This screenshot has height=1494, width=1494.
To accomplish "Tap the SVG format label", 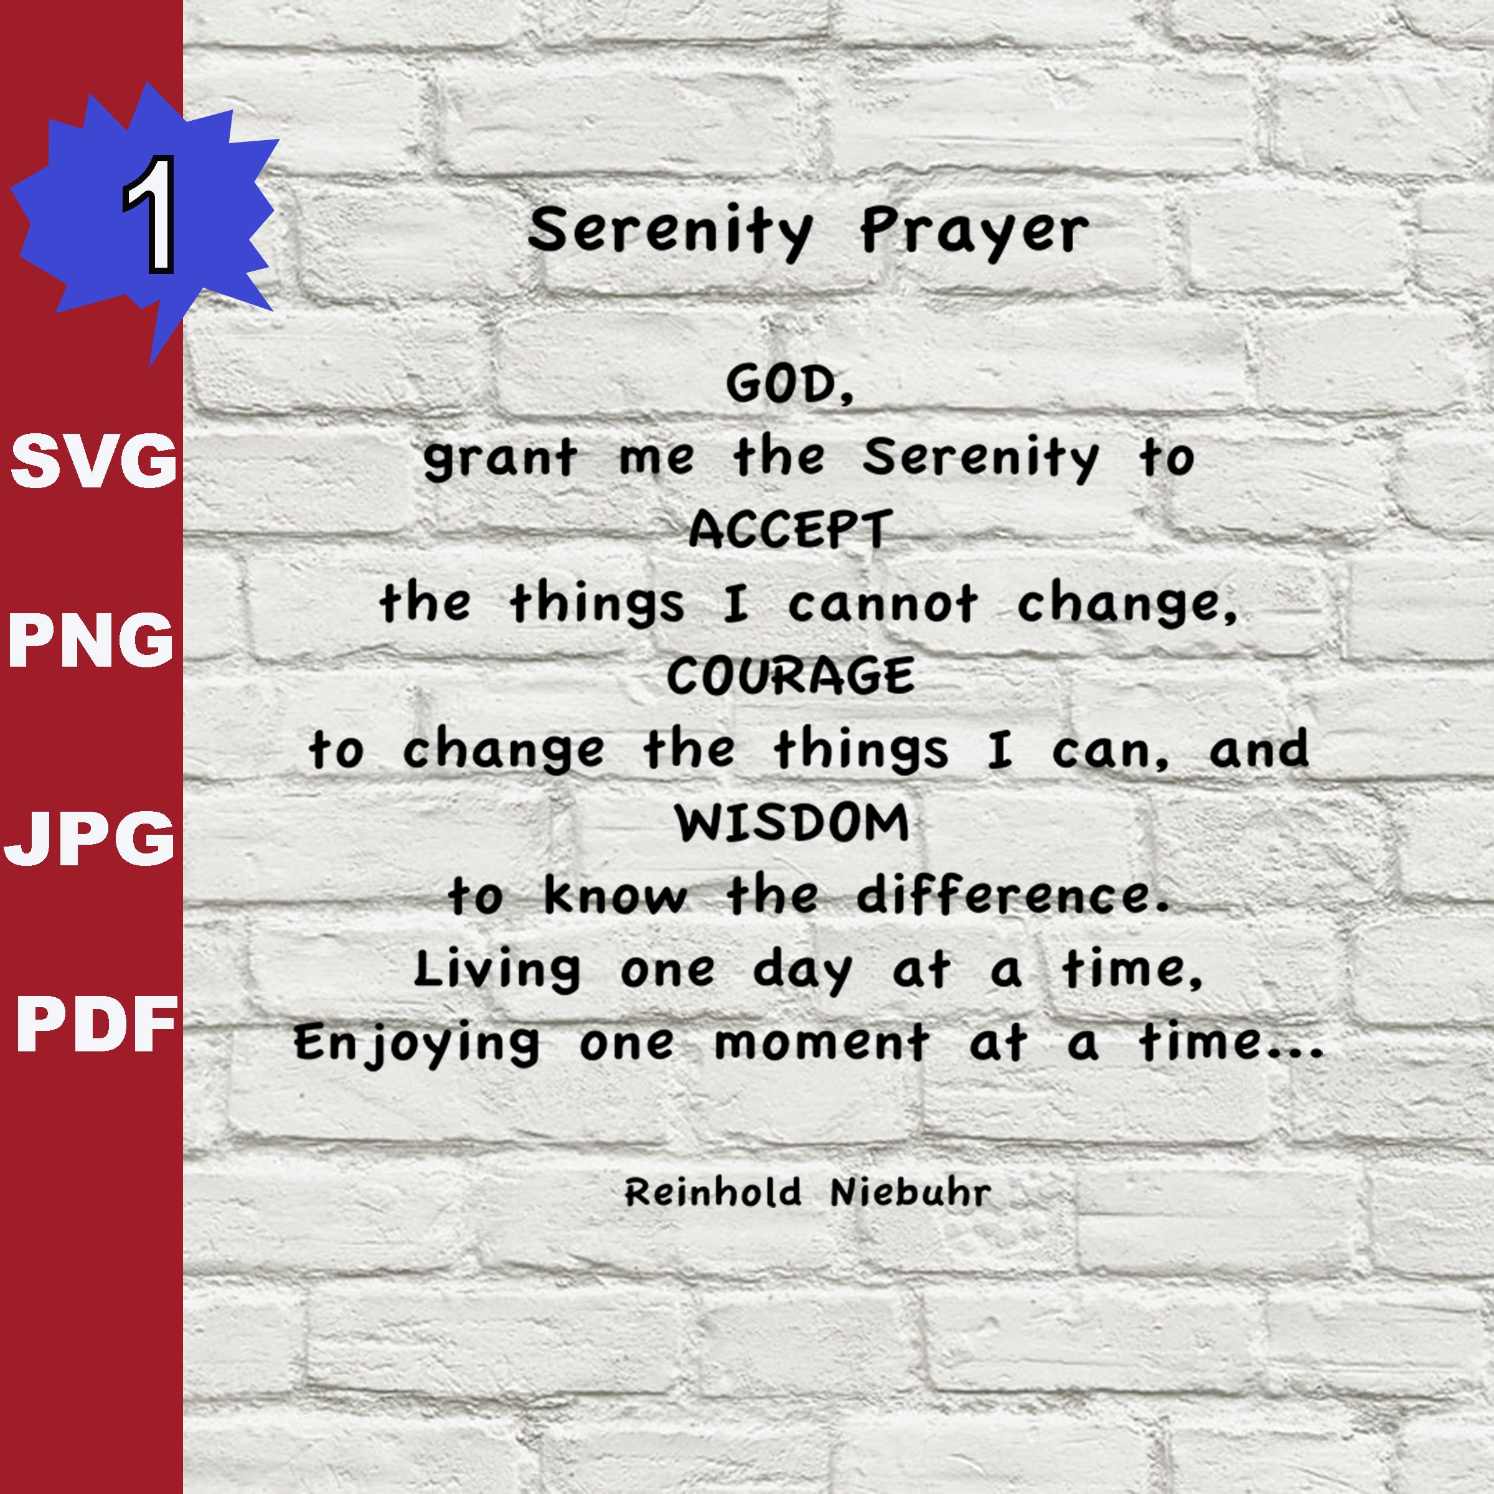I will tap(93, 460).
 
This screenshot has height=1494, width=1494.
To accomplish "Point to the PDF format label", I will tap(96, 1024).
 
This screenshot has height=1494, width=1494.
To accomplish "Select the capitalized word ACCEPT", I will tap(791, 530).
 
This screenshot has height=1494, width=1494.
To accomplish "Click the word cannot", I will tap(882, 603).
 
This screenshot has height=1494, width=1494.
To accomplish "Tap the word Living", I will tap(497, 970).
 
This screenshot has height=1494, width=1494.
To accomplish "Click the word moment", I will tap(821, 1043).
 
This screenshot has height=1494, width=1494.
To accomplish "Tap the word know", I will tap(615, 896).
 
